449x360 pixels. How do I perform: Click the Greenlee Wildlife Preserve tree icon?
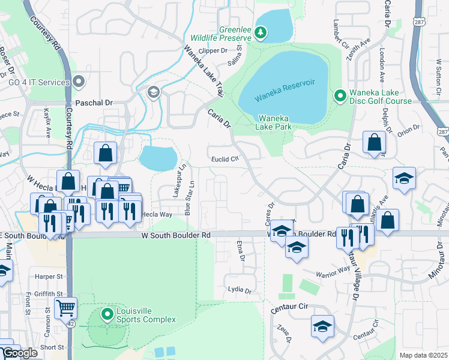261,32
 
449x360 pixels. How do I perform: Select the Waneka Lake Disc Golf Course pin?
339,95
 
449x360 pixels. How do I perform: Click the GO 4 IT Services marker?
79,82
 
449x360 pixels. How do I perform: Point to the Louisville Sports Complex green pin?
107,314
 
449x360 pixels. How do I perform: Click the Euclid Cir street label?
226,160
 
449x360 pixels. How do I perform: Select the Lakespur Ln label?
176,179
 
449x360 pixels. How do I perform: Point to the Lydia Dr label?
240,290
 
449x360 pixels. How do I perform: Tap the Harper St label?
49,277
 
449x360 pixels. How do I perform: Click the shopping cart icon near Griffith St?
65,308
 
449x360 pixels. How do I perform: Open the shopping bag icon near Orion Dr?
374,143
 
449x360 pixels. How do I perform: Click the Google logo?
19,353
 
